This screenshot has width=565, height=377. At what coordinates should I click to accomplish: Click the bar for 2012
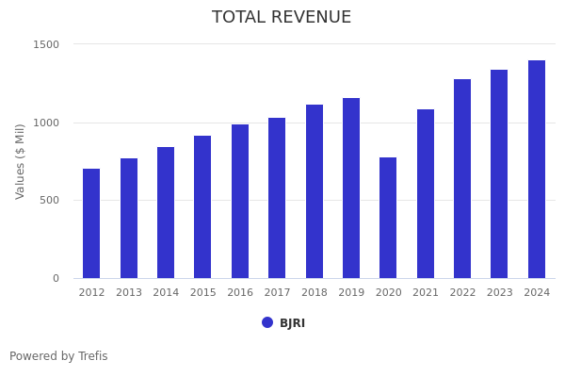tap(91, 223)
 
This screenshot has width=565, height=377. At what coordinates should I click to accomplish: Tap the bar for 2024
tap(537, 170)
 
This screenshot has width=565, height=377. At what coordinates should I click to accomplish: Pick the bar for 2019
tap(351, 188)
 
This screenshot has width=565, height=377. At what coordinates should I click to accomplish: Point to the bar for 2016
tap(240, 202)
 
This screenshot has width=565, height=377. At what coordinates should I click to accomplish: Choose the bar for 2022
tap(462, 179)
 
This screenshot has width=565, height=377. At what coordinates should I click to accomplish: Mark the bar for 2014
tap(166, 213)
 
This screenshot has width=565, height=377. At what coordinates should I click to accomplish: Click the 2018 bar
tap(315, 191)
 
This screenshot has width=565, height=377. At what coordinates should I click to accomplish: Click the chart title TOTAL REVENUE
tap(282, 18)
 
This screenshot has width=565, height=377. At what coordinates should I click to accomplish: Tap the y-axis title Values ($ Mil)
tap(21, 161)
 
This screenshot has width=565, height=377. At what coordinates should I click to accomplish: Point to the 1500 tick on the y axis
tap(46, 44)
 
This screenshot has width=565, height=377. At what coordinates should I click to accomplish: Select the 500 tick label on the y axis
tap(49, 200)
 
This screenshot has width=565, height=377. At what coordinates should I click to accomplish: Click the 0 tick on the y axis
tap(56, 278)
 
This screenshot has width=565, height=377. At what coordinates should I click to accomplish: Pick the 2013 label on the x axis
tap(129, 293)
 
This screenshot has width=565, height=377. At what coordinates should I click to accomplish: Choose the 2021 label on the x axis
tap(426, 293)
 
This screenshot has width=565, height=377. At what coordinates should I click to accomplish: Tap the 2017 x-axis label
tap(277, 293)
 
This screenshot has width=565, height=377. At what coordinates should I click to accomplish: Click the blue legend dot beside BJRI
tap(267, 322)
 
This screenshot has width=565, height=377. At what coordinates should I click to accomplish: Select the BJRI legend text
tap(292, 323)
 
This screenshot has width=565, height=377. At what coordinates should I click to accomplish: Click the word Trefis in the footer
tap(92, 356)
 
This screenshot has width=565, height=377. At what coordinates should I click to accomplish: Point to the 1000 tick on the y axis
tap(46, 123)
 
